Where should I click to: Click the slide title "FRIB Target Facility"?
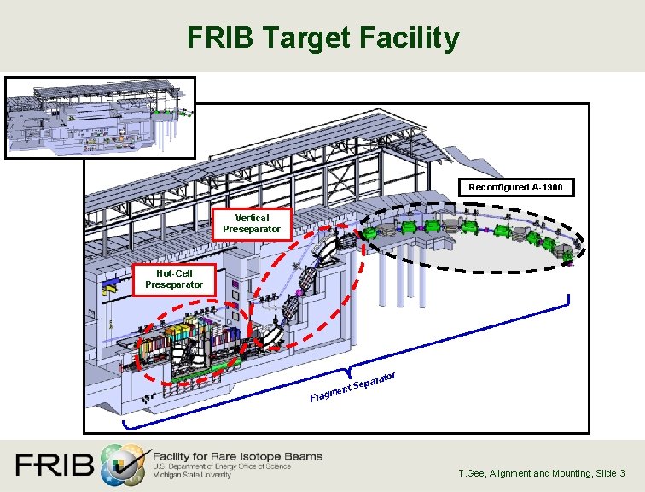tap(322, 38)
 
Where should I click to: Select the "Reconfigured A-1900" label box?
tap(515, 187)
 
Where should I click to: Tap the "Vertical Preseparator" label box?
tap(252, 223)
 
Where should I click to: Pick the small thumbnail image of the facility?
tap(101, 117)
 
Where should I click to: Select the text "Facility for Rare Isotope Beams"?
tap(237, 456)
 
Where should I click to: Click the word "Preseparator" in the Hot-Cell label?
tap(174, 284)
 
